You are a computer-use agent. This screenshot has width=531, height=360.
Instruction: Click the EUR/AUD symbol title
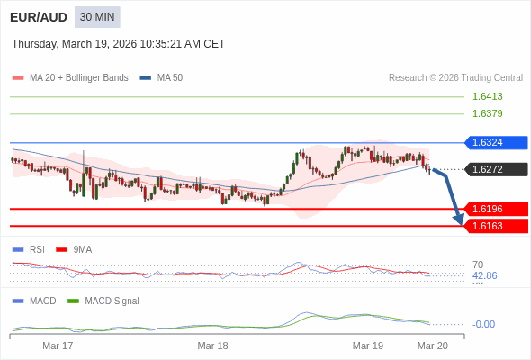[x=39, y=17]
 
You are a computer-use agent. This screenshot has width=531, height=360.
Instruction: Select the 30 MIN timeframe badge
[x=97, y=17]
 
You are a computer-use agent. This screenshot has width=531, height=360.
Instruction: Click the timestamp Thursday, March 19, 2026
[x=118, y=44]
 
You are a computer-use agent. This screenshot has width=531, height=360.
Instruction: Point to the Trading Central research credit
[x=455, y=78]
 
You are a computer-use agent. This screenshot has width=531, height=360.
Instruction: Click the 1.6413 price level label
[x=487, y=96]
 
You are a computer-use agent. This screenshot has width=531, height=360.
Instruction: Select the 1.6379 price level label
[x=487, y=113]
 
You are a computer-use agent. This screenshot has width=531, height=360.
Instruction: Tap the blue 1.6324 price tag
[x=495, y=142]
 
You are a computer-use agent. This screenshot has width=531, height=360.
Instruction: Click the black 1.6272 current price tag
[x=495, y=169]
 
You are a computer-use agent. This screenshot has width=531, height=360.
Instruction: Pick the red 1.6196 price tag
[x=495, y=209]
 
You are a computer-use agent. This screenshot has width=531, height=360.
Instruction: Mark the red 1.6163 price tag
[x=495, y=226]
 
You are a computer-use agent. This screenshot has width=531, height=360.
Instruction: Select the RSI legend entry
[x=36, y=249]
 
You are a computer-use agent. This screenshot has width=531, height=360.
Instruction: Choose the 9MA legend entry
[x=82, y=249]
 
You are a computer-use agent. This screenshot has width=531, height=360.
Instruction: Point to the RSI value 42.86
[x=484, y=275]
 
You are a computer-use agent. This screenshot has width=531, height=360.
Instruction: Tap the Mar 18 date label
[x=212, y=346]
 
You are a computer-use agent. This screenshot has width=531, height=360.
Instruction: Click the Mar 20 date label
[x=432, y=346]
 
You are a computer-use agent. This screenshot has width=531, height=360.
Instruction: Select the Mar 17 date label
[x=58, y=346]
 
